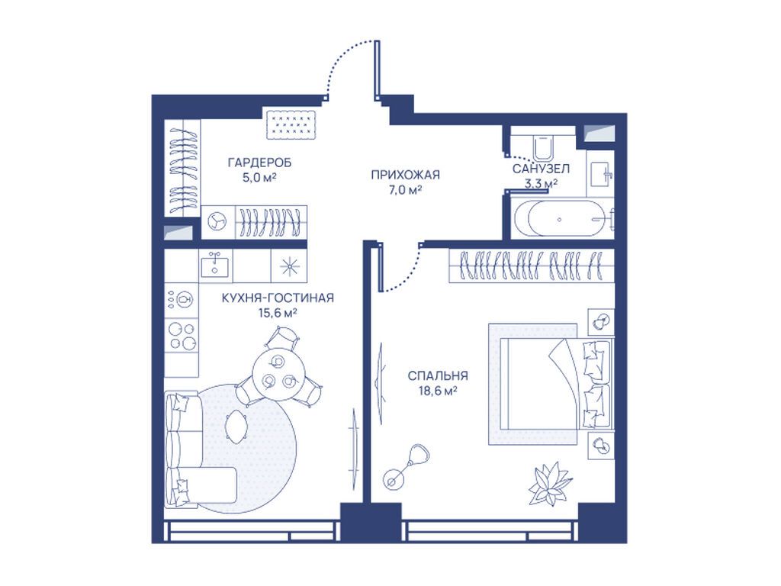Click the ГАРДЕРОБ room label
tap(259, 163)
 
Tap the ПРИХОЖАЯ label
tap(406, 175)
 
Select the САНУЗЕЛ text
tap(541, 169)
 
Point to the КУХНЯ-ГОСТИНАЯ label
tap(278, 298)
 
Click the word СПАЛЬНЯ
tap(438, 375)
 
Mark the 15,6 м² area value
tap(278, 313)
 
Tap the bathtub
tap(561, 219)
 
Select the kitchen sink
tap(214, 264)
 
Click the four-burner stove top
tap(182, 336)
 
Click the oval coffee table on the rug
tap(236, 427)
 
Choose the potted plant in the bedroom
tap(549, 483)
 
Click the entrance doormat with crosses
tap(291, 124)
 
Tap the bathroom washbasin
tap(600, 175)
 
